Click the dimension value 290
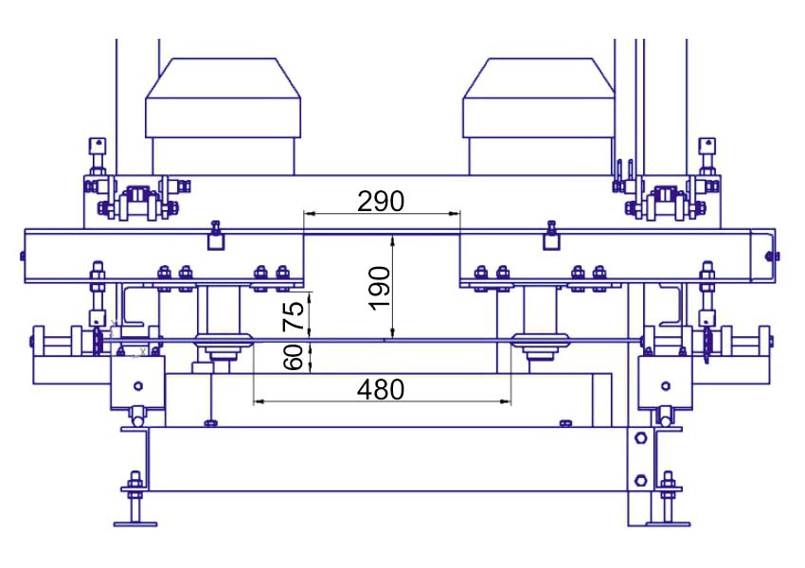click(x=381, y=201)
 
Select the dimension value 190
click(x=380, y=288)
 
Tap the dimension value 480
click(x=381, y=389)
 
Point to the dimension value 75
click(x=294, y=315)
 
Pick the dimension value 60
click(x=294, y=357)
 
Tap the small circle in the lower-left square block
click(x=137, y=386)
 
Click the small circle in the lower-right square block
click(x=666, y=386)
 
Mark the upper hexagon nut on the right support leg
click(x=640, y=438)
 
